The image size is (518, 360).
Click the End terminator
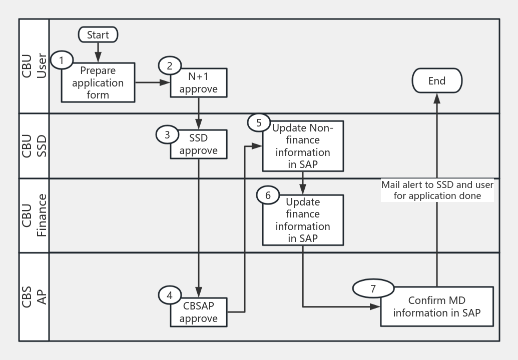coord(436,81)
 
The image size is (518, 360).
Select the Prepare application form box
coord(98,83)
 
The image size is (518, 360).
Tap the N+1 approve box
coord(199,83)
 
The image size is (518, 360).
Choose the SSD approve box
coord(199,144)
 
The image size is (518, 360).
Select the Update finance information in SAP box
coord(302,220)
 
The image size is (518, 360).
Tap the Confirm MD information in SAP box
coord(436,307)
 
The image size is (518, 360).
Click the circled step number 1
coord(62,60)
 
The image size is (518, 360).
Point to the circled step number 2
coord(169,65)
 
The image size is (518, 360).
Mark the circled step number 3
coord(167,134)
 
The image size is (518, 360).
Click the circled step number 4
coord(169,295)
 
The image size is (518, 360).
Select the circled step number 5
coord(259,122)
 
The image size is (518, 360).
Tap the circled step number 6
coord(268,195)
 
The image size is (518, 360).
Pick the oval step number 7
coord(371,288)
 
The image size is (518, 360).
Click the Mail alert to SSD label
coord(437,190)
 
